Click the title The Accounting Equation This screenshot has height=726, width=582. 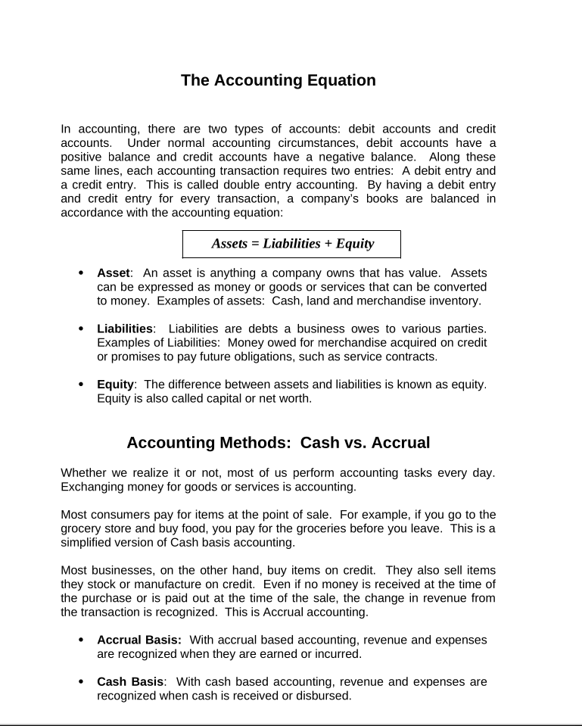coord(278,80)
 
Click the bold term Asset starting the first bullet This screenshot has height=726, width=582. coord(114,273)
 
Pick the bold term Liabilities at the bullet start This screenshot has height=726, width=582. coord(124,329)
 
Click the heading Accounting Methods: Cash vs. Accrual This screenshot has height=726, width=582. coord(278,443)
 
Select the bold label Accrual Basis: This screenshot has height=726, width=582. coord(138,640)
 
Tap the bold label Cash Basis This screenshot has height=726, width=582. coord(129,681)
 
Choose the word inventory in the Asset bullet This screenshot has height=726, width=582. coord(453,301)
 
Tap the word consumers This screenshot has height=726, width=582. coord(117,515)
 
